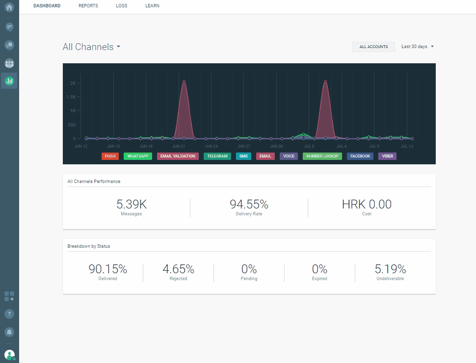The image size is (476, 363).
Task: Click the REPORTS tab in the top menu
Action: tap(88, 6)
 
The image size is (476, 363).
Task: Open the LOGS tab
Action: tap(122, 6)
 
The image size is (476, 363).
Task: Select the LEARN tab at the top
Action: tap(152, 6)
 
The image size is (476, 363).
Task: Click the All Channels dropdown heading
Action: tap(92, 47)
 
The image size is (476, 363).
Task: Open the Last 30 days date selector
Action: tap(418, 47)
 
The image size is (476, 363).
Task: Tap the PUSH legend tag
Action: tap(110, 156)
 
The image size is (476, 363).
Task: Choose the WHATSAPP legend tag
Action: tap(138, 156)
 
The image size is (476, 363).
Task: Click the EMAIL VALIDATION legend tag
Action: tap(178, 156)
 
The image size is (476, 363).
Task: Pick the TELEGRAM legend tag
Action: tap(217, 156)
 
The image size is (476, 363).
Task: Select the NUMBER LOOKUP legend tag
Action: tap(322, 156)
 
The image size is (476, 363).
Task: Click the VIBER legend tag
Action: tap(388, 156)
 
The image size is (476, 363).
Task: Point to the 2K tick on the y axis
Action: tap(73, 83)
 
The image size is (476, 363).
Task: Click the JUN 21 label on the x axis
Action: tap(179, 146)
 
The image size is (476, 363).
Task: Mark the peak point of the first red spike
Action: tap(184, 81)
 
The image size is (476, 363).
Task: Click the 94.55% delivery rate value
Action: tap(249, 205)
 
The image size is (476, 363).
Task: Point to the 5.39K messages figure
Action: tap(131, 205)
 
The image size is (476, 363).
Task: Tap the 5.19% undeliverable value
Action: tap(390, 269)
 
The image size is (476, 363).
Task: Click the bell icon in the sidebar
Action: tap(9, 332)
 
